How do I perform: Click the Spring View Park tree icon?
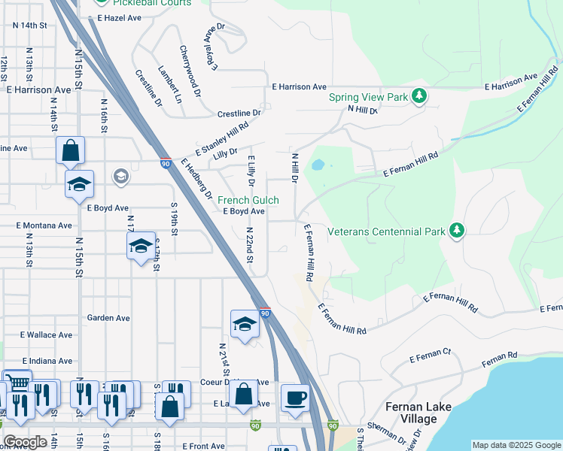(420, 97)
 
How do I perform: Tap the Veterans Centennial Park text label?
(386, 232)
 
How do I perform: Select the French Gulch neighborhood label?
(248, 201)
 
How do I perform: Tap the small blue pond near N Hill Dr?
(318, 164)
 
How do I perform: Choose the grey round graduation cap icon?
(120, 177)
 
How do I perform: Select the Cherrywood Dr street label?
(190, 71)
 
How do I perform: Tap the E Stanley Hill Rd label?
(222, 139)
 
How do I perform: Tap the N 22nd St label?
(248, 244)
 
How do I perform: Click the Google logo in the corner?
(25, 442)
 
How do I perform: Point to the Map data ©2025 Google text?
(516, 445)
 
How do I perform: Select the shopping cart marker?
(17, 382)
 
